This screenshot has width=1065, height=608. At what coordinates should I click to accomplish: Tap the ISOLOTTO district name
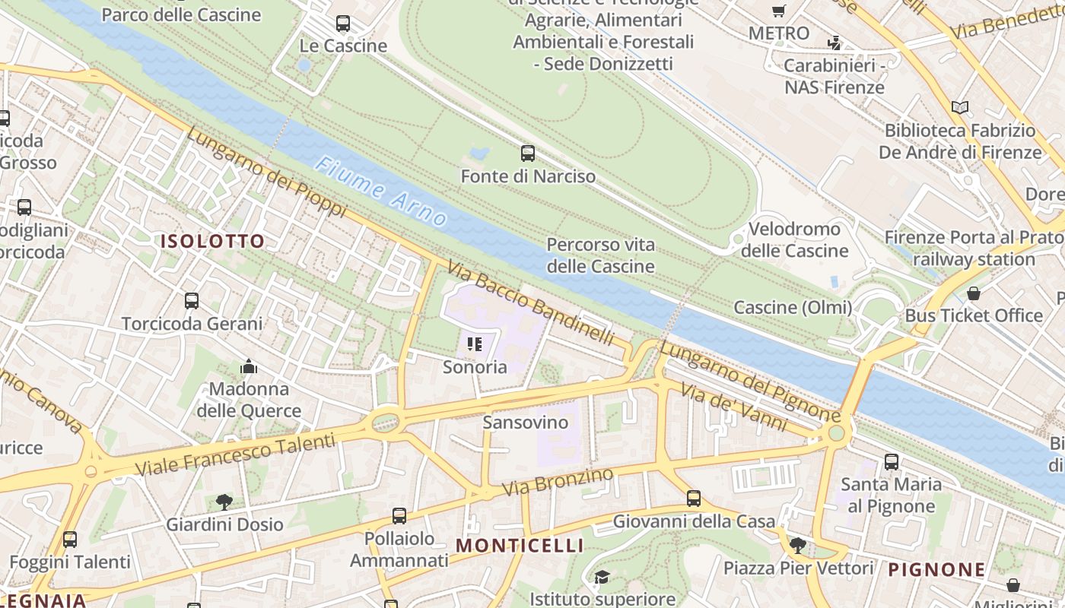[x=212, y=242]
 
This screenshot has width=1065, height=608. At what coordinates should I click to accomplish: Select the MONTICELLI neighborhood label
[x=520, y=546]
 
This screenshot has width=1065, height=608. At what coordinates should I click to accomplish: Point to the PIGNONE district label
[x=936, y=569]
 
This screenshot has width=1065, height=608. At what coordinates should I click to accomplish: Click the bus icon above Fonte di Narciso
[x=528, y=154]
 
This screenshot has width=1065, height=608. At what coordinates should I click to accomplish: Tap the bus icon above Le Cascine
[x=343, y=24]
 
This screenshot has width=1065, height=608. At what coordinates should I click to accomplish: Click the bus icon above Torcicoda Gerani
[x=192, y=301]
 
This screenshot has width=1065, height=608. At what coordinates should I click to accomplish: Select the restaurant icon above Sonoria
[x=475, y=345]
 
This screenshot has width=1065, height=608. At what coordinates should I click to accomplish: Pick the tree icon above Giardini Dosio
[x=224, y=502]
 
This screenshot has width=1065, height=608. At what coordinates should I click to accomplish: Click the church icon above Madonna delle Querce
[x=249, y=368]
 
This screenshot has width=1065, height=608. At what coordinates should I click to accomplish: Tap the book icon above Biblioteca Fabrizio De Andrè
[x=960, y=108]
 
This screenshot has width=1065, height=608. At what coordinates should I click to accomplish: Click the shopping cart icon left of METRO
[x=778, y=11]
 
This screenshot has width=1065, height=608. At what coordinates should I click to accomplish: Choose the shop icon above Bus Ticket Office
[x=974, y=293]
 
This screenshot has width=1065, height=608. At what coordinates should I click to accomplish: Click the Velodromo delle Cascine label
[x=794, y=239]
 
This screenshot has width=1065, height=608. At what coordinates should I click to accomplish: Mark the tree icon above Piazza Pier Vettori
[x=797, y=545]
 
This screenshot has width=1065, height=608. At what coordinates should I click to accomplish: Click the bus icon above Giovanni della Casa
[x=694, y=499]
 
